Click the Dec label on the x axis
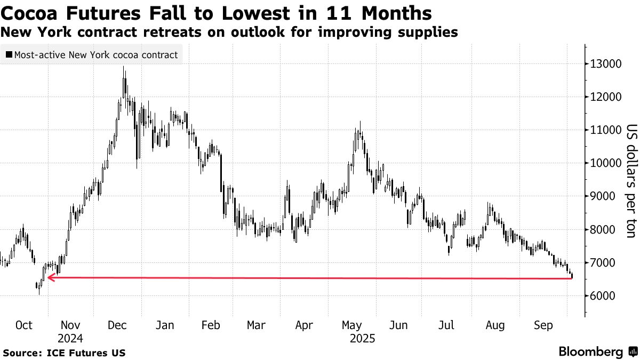[x=117, y=325]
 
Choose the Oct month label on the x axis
[x=25, y=325]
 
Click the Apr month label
[x=304, y=325]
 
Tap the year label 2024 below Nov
[x=71, y=338]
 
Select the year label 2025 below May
[x=363, y=338]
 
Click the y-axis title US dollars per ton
[x=631, y=185]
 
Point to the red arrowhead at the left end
[x=50, y=277]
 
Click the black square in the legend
[x=9, y=54]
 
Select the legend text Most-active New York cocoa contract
[x=95, y=54]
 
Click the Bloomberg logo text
[x=590, y=351]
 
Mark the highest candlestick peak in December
[x=124, y=67]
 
